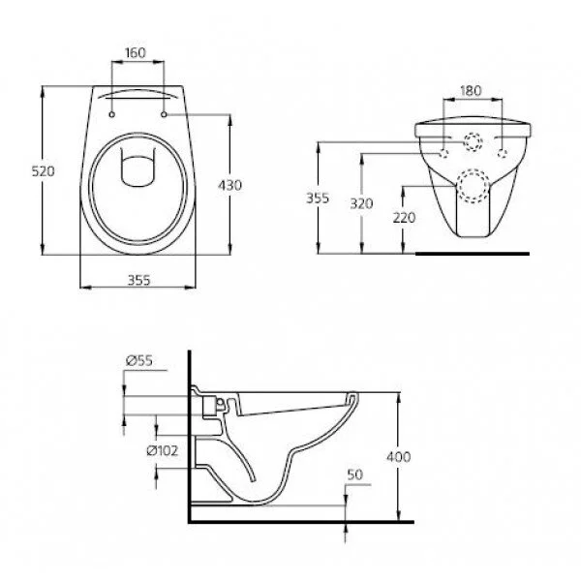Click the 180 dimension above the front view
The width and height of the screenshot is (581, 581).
point(470,91)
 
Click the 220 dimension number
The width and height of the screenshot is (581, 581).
point(405,217)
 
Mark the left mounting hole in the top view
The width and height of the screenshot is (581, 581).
point(113,116)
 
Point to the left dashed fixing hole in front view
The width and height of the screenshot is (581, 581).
point(443,152)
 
